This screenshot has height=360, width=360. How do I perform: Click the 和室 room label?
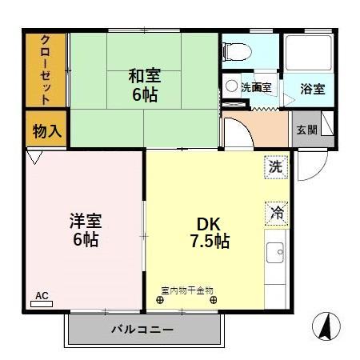point(146,76)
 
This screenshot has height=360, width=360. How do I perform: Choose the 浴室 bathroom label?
point(312,89)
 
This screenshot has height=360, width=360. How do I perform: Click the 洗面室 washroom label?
point(256,87)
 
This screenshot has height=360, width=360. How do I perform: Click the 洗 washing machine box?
point(275,167)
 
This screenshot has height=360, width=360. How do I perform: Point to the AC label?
point(42,296)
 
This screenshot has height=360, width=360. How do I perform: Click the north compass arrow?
point(326,326)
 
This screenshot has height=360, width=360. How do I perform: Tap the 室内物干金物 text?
point(187,290)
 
